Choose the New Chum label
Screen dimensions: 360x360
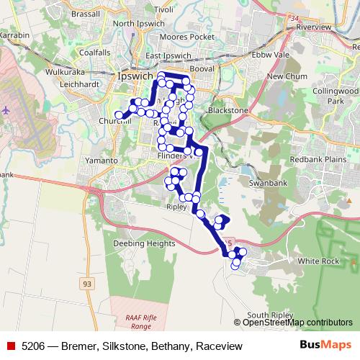pos(282,76)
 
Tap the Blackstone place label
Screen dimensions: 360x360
pos(228,110)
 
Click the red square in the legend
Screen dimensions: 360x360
pos(11,346)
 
